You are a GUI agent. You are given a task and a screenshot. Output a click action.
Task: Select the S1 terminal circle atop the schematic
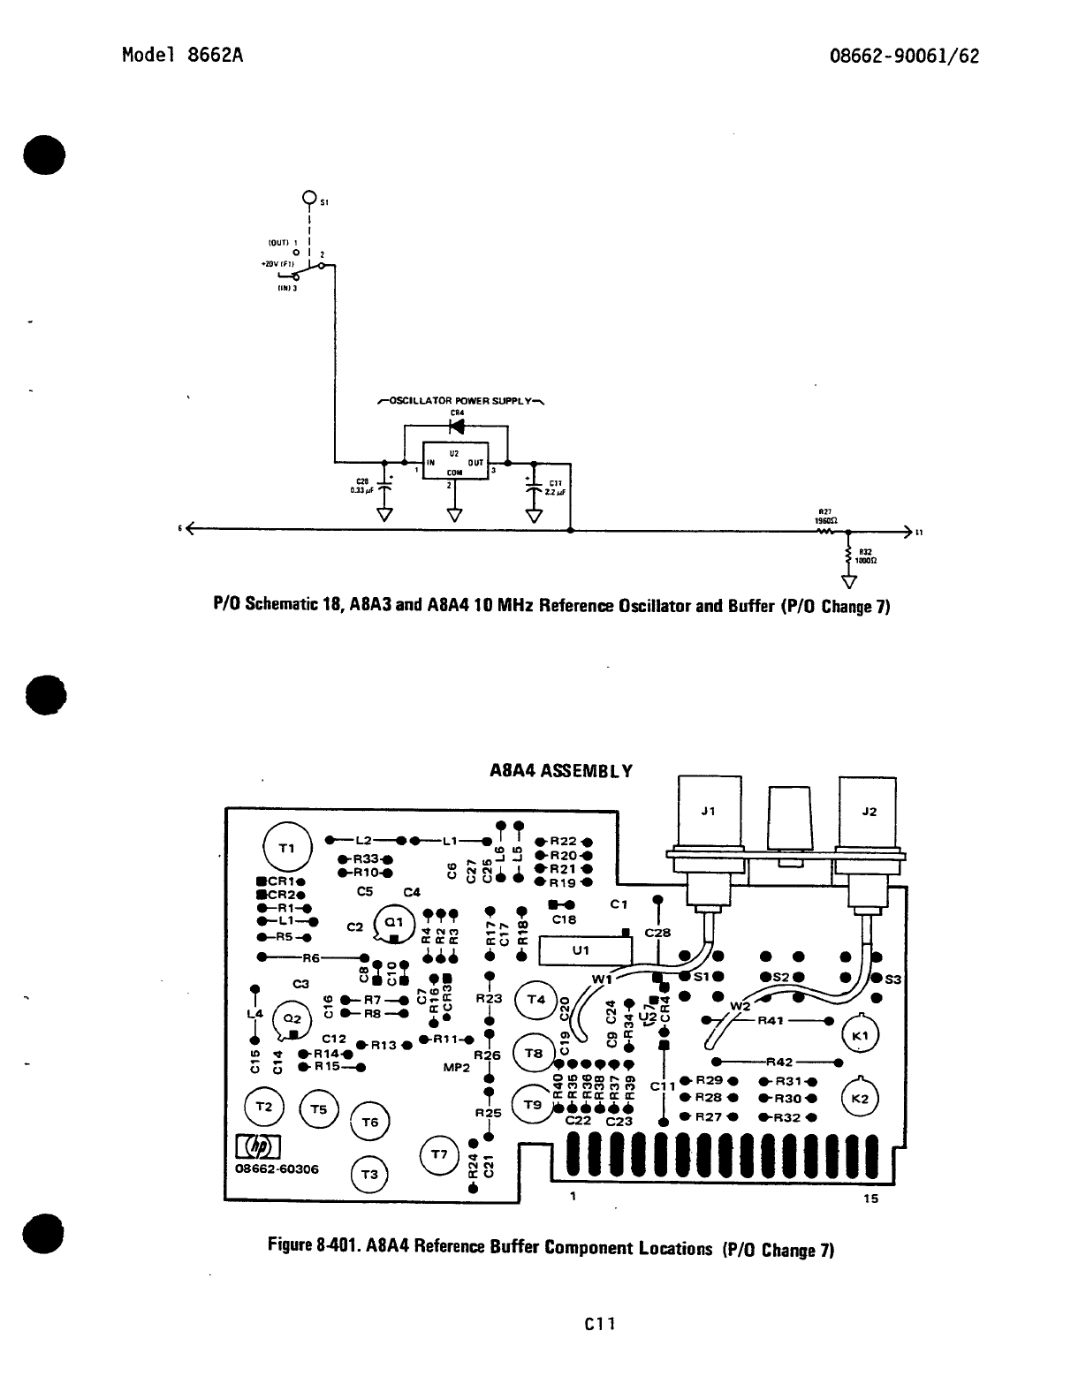click(309, 197)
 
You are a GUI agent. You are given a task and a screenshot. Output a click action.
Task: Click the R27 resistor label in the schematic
click(825, 511)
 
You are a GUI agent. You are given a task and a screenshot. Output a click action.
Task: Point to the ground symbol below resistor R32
click(849, 581)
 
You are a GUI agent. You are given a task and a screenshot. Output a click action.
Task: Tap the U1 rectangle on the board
click(581, 951)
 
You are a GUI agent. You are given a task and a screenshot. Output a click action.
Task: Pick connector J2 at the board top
click(868, 811)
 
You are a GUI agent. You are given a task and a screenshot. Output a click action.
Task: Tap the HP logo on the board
click(258, 1146)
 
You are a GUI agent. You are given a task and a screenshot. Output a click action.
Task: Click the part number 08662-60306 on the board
click(277, 1168)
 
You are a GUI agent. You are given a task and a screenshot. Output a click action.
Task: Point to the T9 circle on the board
click(533, 1104)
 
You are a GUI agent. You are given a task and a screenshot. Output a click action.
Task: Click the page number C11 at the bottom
click(599, 1323)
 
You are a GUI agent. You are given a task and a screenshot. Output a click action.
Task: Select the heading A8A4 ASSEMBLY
click(561, 770)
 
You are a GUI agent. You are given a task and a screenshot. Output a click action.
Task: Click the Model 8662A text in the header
click(182, 55)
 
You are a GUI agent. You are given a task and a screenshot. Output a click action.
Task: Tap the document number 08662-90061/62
click(904, 56)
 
